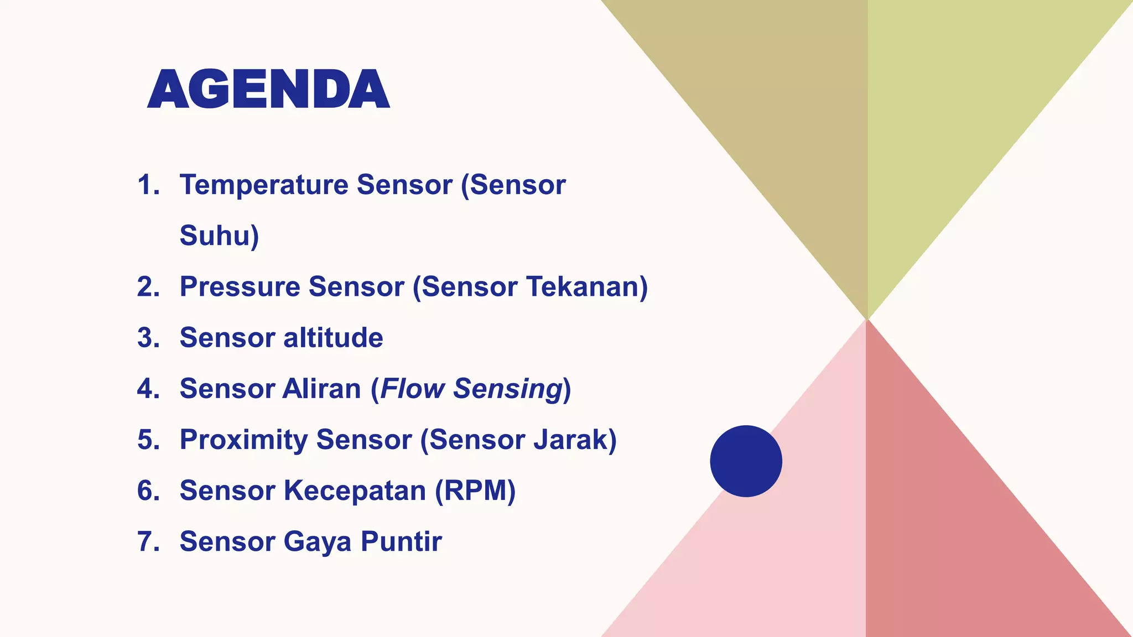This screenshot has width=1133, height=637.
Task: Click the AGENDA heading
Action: coord(269,89)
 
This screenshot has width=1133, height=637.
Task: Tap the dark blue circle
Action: coord(746,461)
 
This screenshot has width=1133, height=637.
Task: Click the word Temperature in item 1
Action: coord(263,185)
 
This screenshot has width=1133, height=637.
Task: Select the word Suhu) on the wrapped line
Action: coord(219,236)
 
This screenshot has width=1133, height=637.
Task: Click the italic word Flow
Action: coord(413,389)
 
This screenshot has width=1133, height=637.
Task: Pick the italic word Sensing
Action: coord(508,389)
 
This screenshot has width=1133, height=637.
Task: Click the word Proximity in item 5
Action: coord(243,440)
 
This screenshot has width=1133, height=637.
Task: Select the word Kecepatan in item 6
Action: coord(355,490)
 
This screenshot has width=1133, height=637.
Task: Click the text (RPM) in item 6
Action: coord(475,490)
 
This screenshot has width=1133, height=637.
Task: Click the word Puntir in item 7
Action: coord(401,541)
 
